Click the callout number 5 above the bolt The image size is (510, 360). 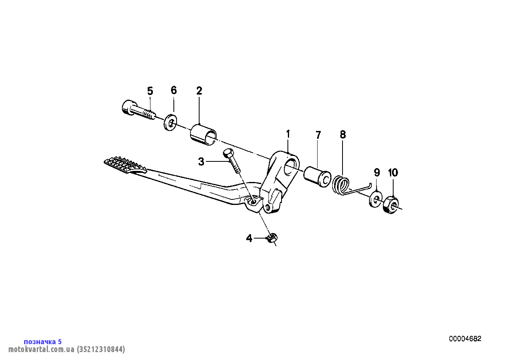point(150,91)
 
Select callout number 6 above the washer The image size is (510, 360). point(173,90)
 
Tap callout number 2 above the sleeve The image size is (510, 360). point(199,91)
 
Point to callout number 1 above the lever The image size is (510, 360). point(288,134)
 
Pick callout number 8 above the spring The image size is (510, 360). point(343,135)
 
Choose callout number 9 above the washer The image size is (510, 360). point(377,172)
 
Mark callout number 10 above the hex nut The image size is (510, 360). point(393,172)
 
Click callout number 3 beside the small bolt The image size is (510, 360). point(201,162)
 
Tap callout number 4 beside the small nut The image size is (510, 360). point(249,238)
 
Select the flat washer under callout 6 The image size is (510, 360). point(170,123)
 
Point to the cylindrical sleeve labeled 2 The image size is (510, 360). point(203,135)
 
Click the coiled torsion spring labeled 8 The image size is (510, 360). point(341,186)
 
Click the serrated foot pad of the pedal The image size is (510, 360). point(125,165)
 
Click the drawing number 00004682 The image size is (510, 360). point(465,339)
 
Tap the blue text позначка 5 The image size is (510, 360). point(43,341)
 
